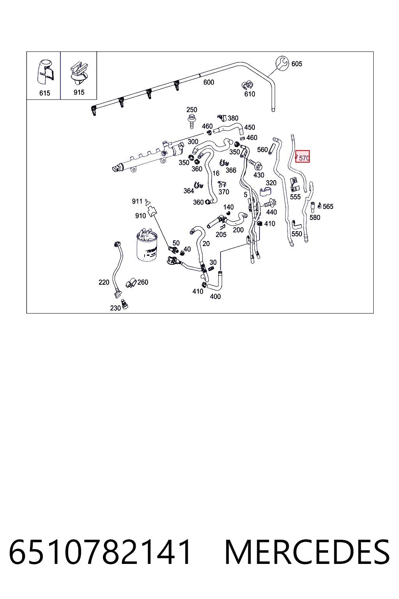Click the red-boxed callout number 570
click(304, 158)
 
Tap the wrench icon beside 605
click(282, 64)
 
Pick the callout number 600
click(209, 82)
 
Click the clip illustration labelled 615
click(46, 72)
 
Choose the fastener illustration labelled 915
click(79, 73)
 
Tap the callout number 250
click(192, 110)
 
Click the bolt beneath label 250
click(192, 121)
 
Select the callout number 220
click(104, 282)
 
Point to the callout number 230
click(115, 308)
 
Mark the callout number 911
click(137, 201)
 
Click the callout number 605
click(297, 64)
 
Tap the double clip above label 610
click(247, 85)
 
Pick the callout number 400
click(215, 296)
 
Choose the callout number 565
click(328, 206)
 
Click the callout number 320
click(271, 183)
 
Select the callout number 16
click(216, 173)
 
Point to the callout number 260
click(143, 282)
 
